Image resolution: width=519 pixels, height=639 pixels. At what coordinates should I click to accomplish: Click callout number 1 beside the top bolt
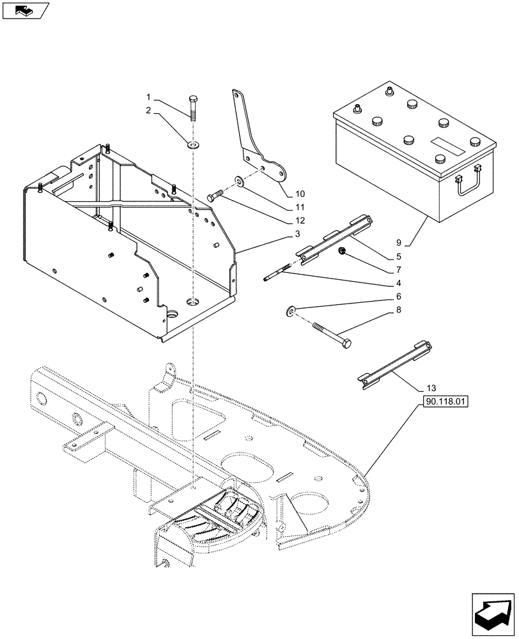(x=148, y=98)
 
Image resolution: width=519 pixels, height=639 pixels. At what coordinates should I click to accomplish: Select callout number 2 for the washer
(x=148, y=111)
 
